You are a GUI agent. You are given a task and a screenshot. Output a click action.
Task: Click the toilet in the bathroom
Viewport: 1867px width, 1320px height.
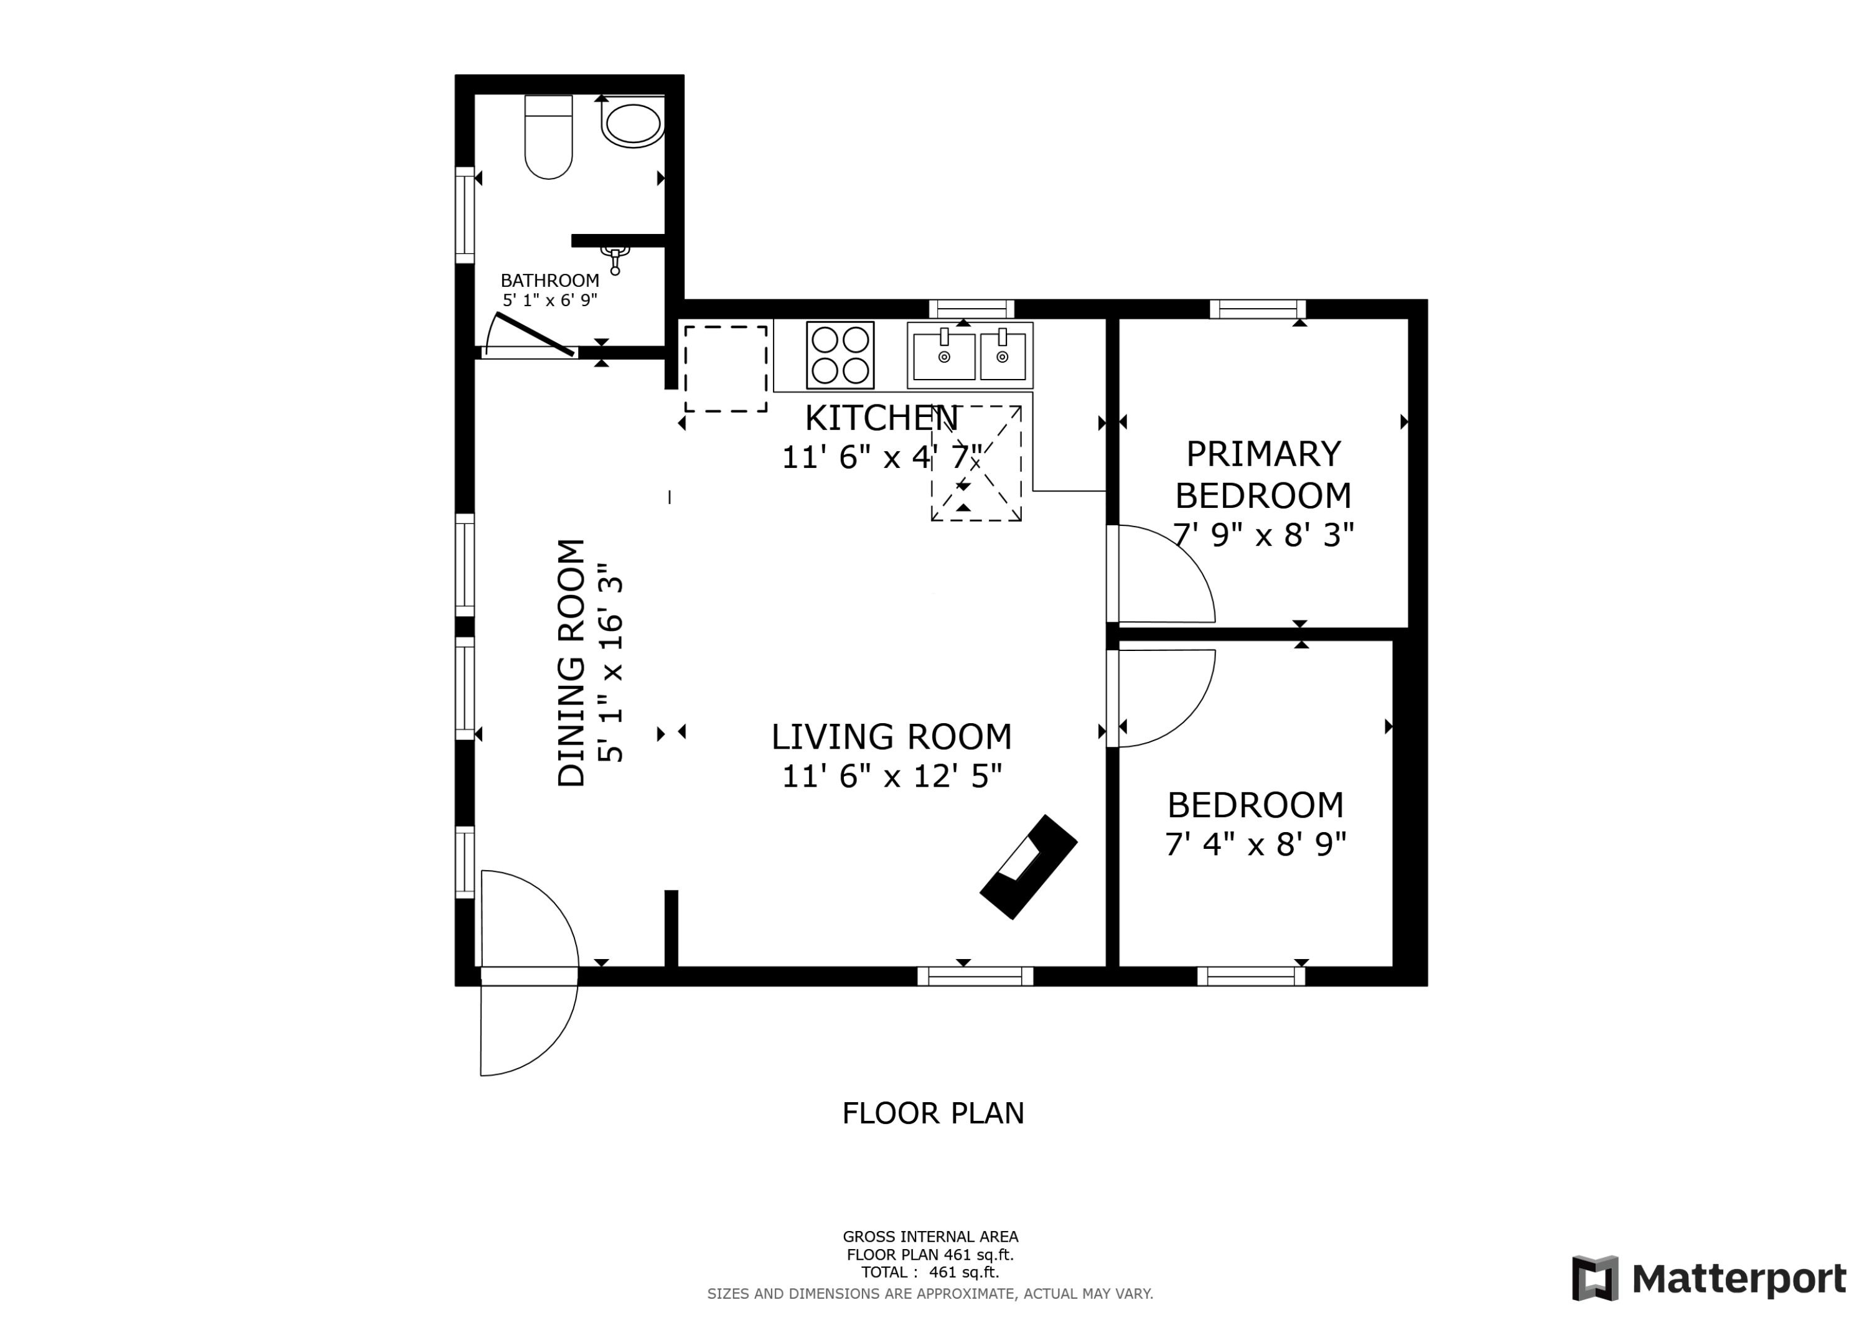(549, 137)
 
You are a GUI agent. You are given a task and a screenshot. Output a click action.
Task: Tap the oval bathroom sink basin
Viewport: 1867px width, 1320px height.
(634, 125)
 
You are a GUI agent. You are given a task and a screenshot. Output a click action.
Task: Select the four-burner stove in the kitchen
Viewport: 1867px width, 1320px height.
(840, 355)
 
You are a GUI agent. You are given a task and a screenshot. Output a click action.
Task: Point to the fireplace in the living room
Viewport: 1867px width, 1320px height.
(1029, 867)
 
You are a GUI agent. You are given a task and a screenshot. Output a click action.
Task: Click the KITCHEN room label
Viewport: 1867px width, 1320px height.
(881, 419)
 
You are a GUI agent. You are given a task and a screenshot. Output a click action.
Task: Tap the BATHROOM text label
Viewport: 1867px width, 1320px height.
(550, 281)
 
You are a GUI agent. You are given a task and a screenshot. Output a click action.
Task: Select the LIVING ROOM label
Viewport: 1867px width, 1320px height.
(891, 737)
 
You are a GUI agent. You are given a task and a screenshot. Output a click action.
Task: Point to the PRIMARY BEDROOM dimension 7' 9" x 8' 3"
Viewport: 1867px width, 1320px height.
(1263, 535)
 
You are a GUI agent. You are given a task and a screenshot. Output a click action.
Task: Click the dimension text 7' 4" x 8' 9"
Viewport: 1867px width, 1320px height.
(1255, 844)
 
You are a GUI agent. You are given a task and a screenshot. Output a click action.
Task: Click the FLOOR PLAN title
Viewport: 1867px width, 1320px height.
(933, 1113)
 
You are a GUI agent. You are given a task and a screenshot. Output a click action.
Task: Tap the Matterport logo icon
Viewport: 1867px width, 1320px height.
(1594, 1278)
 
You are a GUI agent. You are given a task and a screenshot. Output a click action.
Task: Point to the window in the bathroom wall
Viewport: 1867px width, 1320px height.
(464, 215)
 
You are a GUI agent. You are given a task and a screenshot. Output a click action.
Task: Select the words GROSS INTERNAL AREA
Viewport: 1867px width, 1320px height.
(930, 1237)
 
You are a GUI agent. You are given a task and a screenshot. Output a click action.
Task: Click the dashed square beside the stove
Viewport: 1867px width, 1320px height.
(726, 369)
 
